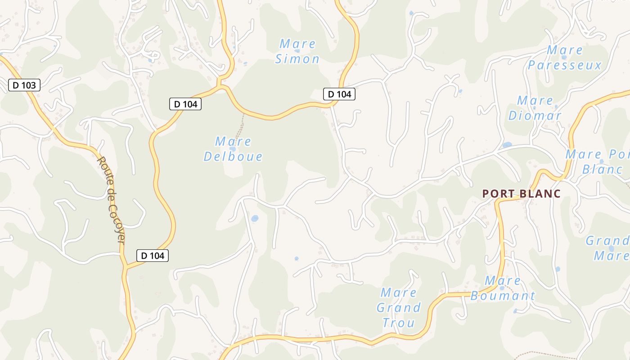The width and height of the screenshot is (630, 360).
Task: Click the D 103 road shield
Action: click(24, 85)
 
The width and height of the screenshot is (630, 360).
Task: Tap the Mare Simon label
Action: click(297, 51)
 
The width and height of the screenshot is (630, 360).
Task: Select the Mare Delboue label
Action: click(233, 149)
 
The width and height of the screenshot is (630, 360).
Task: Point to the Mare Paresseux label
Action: click(564, 58)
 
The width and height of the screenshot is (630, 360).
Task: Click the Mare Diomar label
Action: click(535, 108)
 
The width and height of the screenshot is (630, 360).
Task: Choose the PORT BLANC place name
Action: click(521, 194)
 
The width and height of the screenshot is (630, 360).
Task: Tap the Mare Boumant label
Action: click(503, 288)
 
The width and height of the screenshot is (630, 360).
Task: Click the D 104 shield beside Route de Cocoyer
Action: click(153, 256)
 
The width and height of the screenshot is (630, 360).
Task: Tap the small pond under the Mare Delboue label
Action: click(233, 149)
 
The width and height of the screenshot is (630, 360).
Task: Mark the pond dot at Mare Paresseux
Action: click(564, 58)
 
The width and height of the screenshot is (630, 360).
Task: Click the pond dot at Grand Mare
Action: click(611, 248)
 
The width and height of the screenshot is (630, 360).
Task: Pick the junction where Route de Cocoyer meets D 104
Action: click(125, 267)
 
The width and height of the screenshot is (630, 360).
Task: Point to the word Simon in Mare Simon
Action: click(297, 59)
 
